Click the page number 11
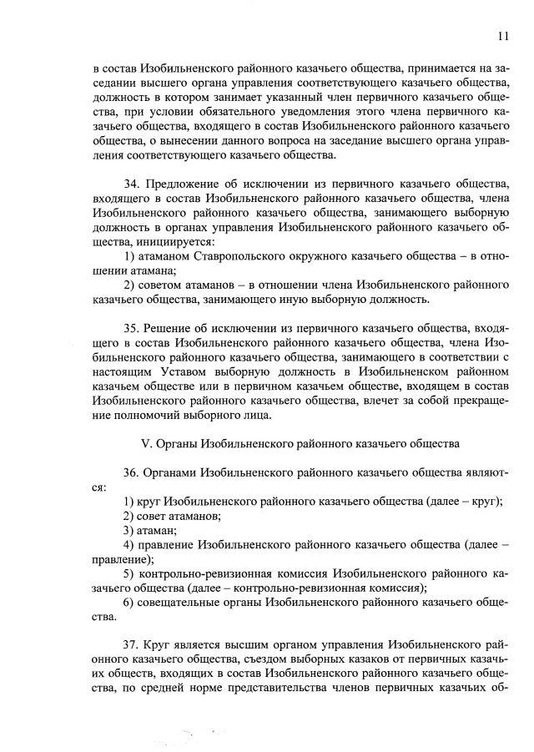(502, 35)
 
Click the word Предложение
(186, 183)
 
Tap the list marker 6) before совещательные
(129, 602)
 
